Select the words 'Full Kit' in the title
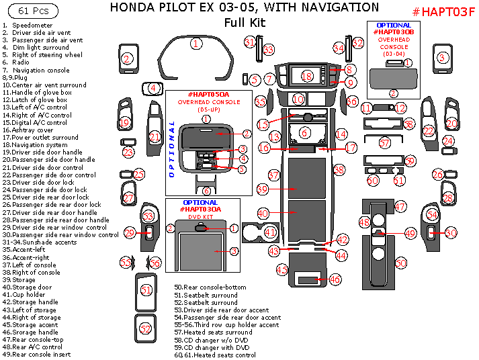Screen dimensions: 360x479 click(x=245, y=22)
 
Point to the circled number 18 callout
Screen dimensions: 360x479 click(x=306, y=77)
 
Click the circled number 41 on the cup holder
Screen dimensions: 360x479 click(x=270, y=232)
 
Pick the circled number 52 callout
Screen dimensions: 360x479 click(x=146, y=328)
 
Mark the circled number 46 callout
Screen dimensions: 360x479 click(x=334, y=279)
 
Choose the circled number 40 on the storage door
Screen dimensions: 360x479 click(x=263, y=213)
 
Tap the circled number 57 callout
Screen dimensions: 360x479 click(x=384, y=143)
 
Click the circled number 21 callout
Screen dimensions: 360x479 click(x=155, y=137)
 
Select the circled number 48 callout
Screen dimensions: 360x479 click(x=365, y=222)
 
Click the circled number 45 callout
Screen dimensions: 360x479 click(x=282, y=269)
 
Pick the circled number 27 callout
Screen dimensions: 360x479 click(x=128, y=198)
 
